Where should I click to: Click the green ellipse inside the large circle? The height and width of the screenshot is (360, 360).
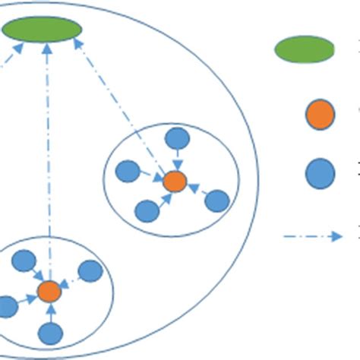click(42, 30)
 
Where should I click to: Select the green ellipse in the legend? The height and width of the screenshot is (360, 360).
click(305, 49)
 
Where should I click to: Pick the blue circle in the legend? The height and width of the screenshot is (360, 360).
click(320, 174)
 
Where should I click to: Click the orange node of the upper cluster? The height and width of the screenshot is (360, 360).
click(175, 182)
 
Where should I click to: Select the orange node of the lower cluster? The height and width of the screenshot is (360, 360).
click(49, 290)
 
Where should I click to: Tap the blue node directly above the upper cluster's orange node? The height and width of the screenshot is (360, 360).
click(177, 139)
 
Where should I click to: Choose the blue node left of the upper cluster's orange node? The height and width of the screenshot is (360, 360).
click(128, 172)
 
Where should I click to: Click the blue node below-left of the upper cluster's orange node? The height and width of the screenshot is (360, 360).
click(147, 210)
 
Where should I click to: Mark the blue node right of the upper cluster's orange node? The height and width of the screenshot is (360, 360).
click(217, 201)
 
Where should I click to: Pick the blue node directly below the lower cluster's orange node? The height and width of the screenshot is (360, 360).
click(51, 333)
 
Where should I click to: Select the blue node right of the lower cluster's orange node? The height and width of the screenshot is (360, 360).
click(90, 271)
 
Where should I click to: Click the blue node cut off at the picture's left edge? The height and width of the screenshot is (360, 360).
click(6, 307)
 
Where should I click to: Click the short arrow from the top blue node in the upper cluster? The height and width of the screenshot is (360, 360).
click(176, 160)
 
